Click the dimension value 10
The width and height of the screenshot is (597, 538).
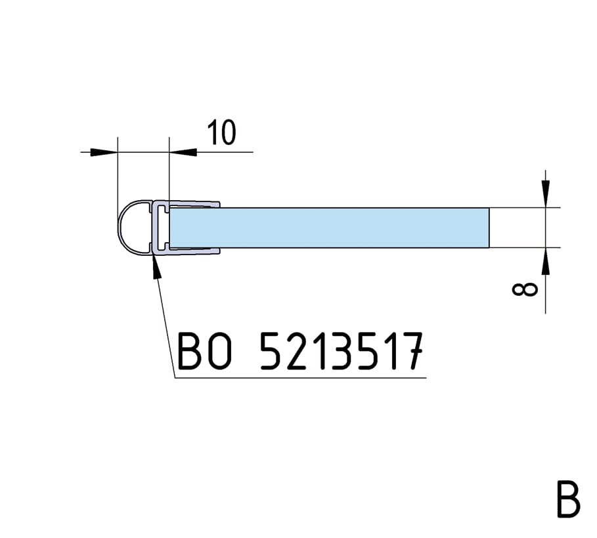pyautogui.click(x=221, y=133)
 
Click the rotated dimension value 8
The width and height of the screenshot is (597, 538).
pyautogui.click(x=525, y=289)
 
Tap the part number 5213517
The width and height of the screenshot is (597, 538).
pyautogui.click(x=342, y=351)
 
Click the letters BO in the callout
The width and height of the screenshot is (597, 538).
pyautogui.click(x=204, y=351)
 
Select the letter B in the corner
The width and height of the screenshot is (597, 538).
pyautogui.click(x=568, y=499)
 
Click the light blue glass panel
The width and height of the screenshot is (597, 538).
pyautogui.click(x=329, y=228)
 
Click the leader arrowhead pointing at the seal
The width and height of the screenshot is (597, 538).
pyautogui.click(x=156, y=266)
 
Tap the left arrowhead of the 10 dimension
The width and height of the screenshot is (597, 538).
pyautogui.click(x=104, y=152)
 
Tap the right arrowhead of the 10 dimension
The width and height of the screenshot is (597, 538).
pyautogui.click(x=183, y=152)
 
